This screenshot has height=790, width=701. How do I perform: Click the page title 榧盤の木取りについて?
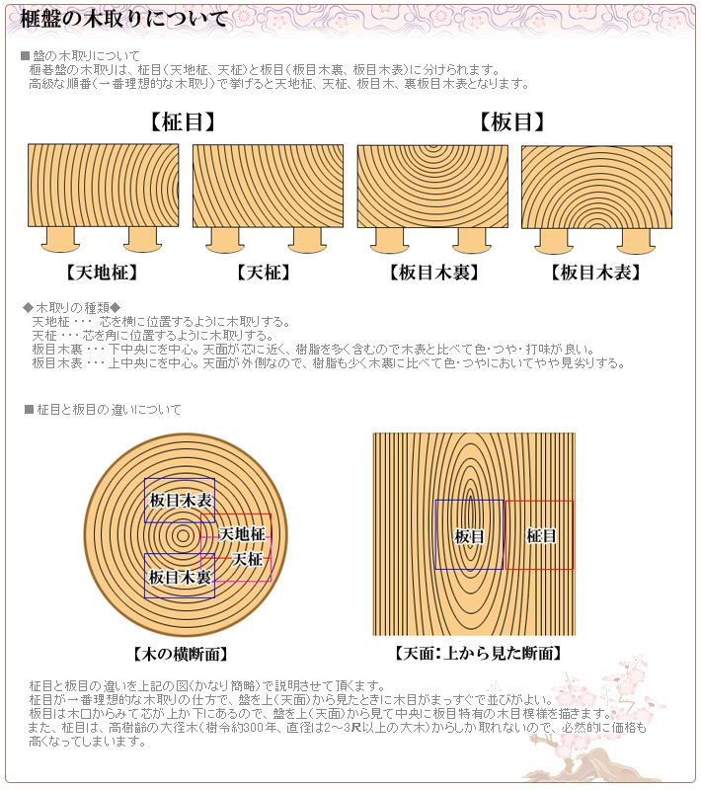(x=123, y=19)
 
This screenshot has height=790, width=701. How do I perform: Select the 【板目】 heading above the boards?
(x=512, y=122)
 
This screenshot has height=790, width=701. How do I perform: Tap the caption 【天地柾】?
(x=103, y=273)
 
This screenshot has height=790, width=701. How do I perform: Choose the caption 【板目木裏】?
(x=432, y=273)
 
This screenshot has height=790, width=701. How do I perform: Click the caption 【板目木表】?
(x=595, y=273)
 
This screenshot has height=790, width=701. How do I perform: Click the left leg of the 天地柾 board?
(x=61, y=238)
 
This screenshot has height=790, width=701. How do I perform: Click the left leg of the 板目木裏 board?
(x=391, y=238)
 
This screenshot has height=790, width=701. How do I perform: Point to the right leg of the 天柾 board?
(x=308, y=238)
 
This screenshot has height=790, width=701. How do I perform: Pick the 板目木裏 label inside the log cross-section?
(x=180, y=576)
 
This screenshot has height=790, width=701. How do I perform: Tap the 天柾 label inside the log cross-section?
(x=248, y=559)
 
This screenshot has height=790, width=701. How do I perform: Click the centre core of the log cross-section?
(x=183, y=536)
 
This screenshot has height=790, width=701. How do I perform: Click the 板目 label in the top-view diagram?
(x=469, y=536)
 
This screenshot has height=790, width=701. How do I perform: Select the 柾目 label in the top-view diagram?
(x=541, y=536)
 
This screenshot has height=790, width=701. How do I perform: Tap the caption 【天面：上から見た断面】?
(x=477, y=654)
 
